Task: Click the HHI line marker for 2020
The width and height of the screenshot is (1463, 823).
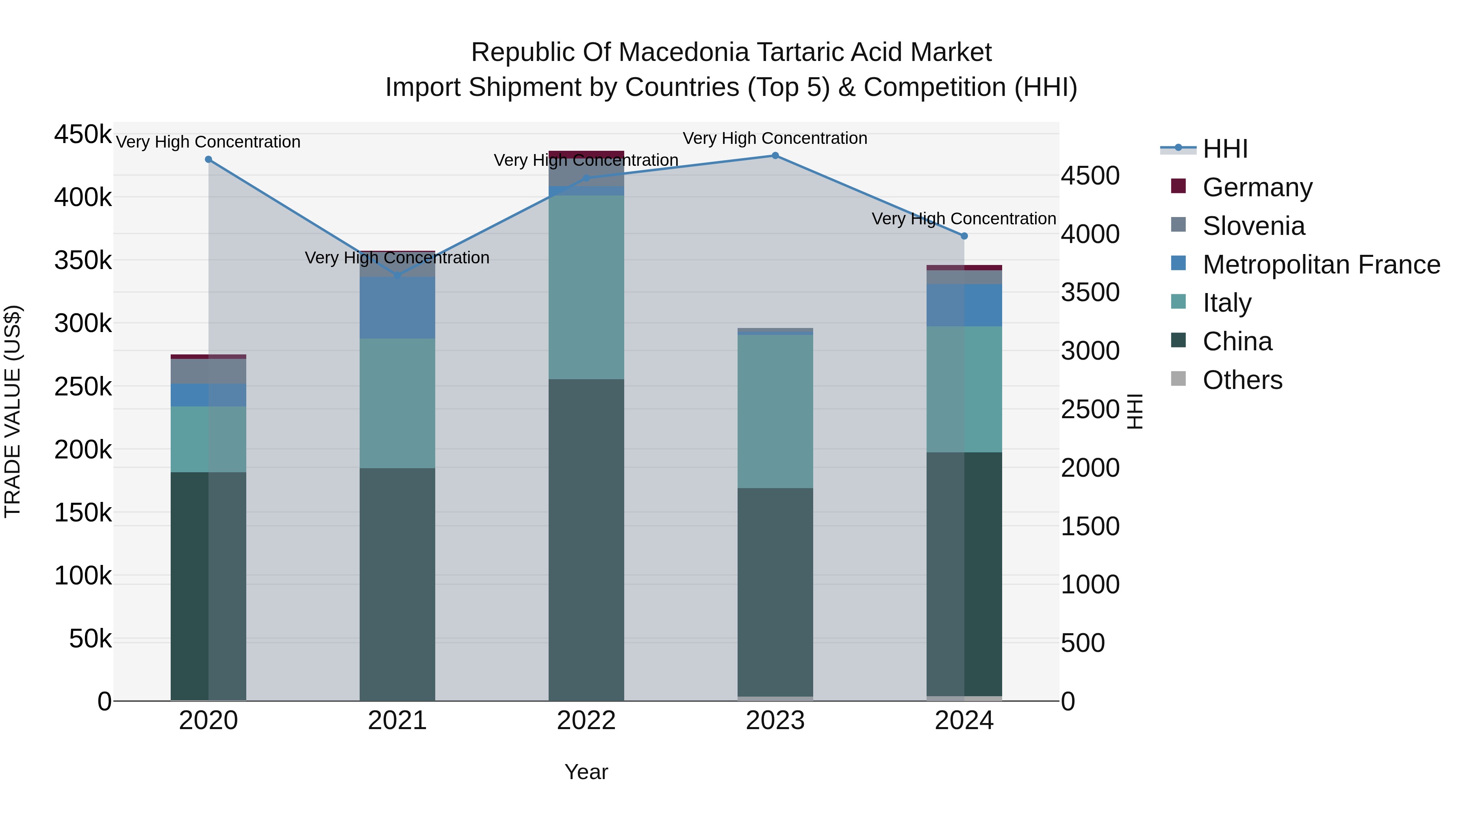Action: [208, 160]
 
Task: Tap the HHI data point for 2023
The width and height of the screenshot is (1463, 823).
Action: [775, 156]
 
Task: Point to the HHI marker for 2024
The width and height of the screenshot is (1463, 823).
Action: [964, 236]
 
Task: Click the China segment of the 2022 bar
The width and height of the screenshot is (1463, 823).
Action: [586, 540]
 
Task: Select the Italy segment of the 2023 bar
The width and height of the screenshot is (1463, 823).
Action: [775, 411]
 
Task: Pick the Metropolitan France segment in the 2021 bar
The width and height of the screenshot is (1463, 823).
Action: [397, 307]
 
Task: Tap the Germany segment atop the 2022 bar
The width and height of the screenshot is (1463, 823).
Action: [586, 154]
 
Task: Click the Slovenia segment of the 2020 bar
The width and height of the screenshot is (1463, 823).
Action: [208, 371]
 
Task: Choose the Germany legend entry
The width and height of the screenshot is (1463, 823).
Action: [1257, 187]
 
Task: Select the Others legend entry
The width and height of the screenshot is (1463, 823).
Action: [1242, 380]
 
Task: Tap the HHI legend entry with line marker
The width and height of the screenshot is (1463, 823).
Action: [1224, 149]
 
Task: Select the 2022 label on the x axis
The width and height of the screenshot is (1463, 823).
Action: [586, 721]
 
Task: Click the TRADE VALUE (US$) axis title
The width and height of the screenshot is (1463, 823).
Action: [13, 411]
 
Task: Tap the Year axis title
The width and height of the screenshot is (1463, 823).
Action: [586, 772]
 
